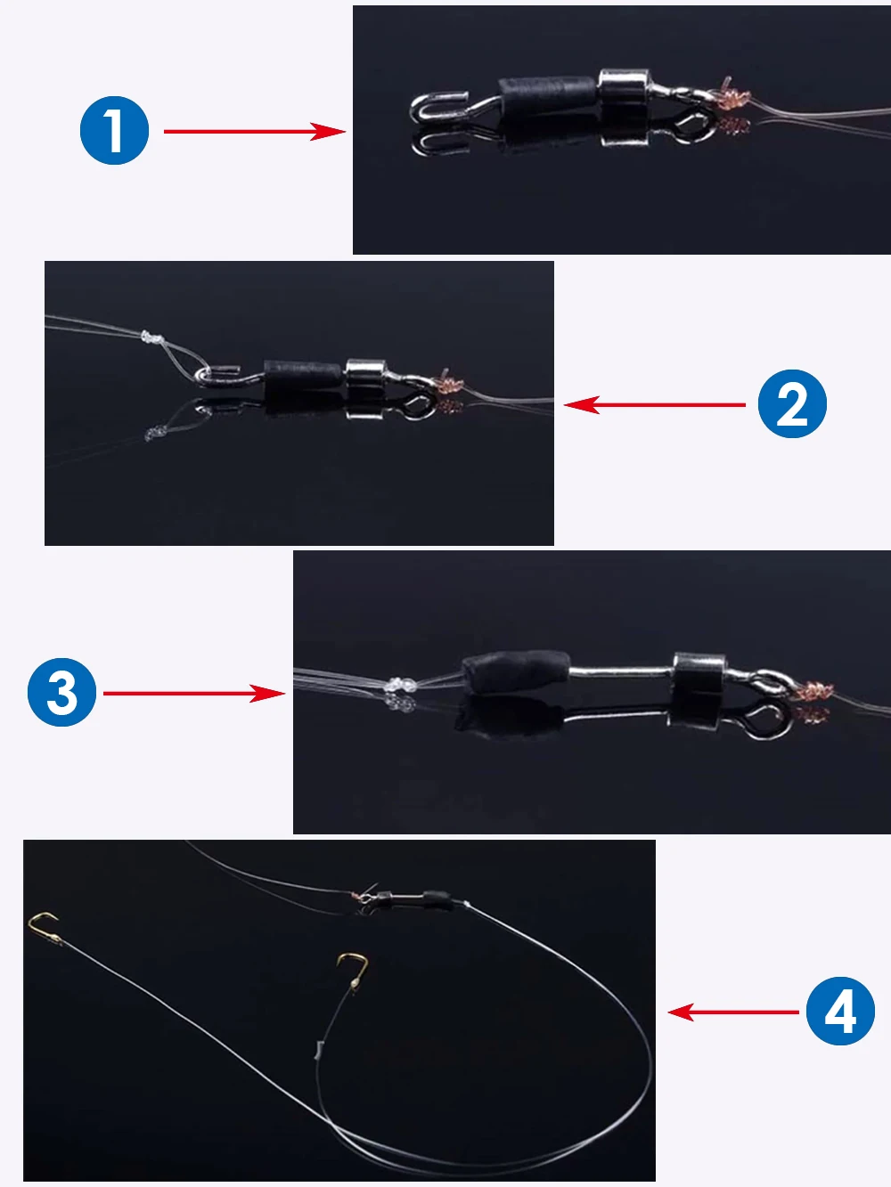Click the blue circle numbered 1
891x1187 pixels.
(x=114, y=130)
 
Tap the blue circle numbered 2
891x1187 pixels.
(x=792, y=404)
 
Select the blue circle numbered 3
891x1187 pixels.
(x=61, y=692)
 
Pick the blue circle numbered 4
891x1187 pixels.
(x=840, y=1012)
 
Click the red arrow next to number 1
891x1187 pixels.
(x=255, y=132)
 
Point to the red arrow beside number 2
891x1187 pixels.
(x=655, y=404)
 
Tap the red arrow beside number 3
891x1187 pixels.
(x=193, y=694)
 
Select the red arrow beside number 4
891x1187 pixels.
(x=733, y=1012)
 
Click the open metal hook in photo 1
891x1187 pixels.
(x=438, y=108)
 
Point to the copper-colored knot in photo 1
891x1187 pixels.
(x=734, y=96)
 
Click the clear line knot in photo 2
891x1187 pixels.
(x=152, y=338)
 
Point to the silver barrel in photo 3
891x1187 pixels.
(x=699, y=672)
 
